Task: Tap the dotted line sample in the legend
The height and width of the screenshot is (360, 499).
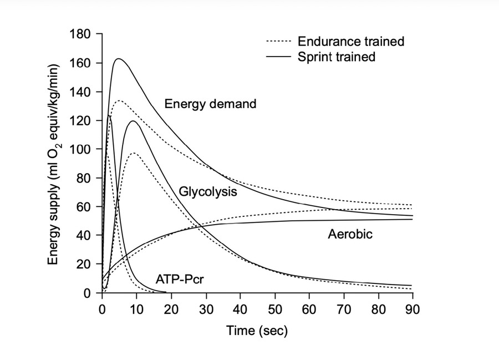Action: pyautogui.click(x=279, y=42)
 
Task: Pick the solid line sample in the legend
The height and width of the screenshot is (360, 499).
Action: pyautogui.click(x=279, y=57)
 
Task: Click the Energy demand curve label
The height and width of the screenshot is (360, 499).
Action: pyautogui.click(x=210, y=104)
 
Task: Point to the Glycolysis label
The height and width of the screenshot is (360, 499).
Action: pyautogui.click(x=208, y=192)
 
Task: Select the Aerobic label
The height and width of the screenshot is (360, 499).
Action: pyautogui.click(x=350, y=235)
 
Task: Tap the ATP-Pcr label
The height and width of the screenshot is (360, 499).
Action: pyautogui.click(x=180, y=280)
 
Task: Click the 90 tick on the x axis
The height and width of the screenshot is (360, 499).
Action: pyautogui.click(x=413, y=307)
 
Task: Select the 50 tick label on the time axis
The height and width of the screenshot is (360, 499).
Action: pyautogui.click(x=274, y=307)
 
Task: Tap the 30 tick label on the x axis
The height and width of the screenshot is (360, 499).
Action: pyautogui.click(x=206, y=307)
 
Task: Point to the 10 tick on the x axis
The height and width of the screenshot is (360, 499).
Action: pyautogui.click(x=136, y=307)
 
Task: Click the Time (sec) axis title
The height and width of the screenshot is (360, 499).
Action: pyautogui.click(x=257, y=331)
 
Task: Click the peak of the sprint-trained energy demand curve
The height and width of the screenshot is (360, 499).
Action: pyautogui.click(x=118, y=58)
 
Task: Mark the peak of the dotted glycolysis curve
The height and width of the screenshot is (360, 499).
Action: pyautogui.click(x=134, y=153)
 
